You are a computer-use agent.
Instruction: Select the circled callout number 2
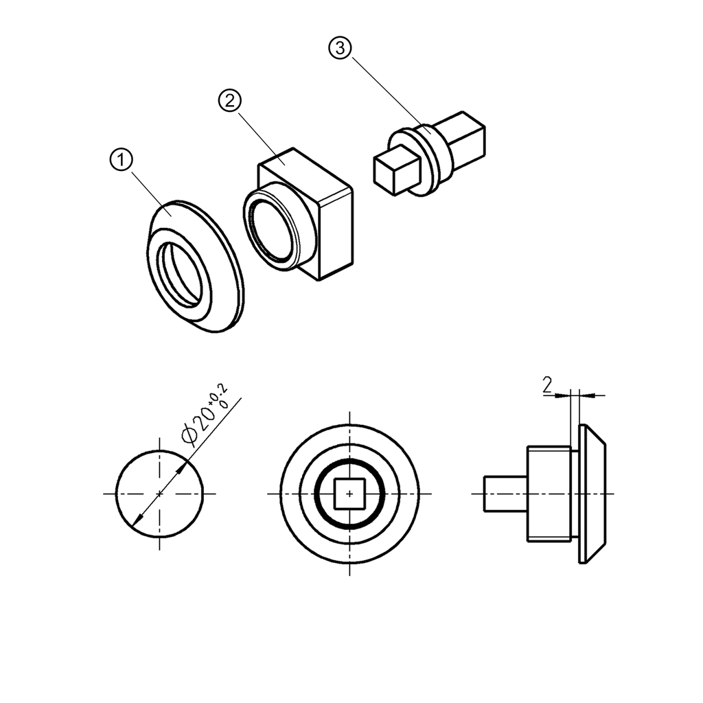[x=230, y=100]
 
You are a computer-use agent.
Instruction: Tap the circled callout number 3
[x=340, y=48]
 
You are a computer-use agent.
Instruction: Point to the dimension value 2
[x=547, y=386]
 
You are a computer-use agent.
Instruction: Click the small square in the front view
[x=351, y=493]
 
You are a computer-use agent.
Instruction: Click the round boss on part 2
[x=275, y=230]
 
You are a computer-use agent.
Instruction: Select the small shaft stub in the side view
[x=505, y=494]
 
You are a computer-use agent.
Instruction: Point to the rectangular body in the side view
[x=548, y=494]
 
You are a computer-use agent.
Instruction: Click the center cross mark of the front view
[x=351, y=493]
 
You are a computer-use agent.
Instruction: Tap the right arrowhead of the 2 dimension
[x=584, y=395]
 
